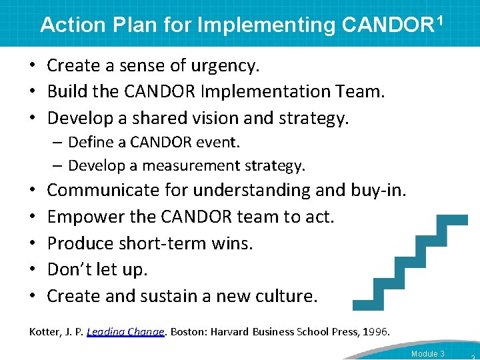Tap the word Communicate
tap(111, 190)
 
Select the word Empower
tap(83, 217)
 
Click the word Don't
tap(71, 269)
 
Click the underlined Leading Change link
tap(125, 331)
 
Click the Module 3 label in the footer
tap(427, 353)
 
